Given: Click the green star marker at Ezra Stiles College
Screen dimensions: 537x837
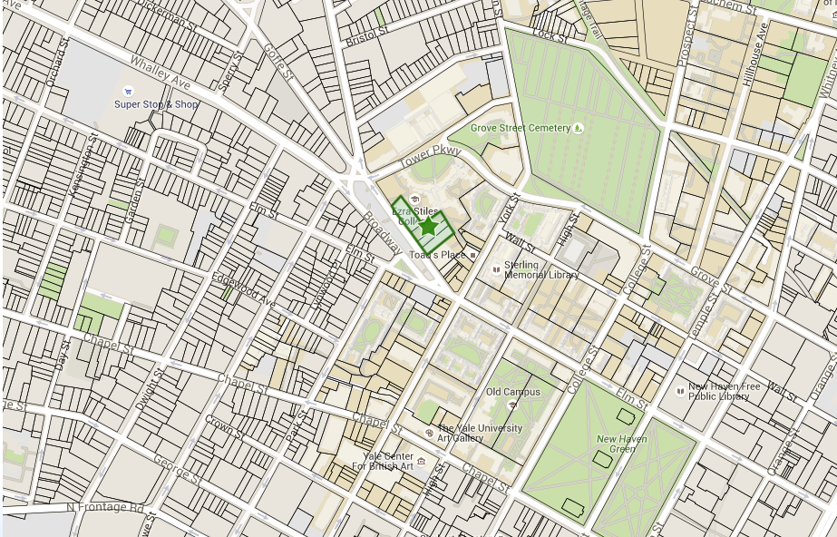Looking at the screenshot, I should [428, 228].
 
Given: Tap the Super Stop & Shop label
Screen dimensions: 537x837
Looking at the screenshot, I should [156, 104].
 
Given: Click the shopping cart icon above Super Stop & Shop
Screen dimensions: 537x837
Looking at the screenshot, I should [128, 91].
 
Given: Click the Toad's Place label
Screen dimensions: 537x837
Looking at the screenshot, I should [437, 255].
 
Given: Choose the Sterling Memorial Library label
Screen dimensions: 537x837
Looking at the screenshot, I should [541, 270].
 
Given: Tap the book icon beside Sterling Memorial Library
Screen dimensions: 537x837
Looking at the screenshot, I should [496, 269].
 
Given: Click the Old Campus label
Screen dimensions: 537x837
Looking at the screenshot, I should [513, 392].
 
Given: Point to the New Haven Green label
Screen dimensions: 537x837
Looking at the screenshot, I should [622, 444].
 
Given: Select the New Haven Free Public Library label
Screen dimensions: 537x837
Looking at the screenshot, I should [723, 391].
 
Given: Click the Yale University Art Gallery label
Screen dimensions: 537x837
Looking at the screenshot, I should [480, 433].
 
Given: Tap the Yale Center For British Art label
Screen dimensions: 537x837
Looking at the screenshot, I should [383, 461].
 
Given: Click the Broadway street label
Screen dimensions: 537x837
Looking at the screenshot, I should [382, 231].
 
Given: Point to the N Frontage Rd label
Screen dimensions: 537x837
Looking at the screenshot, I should [105, 508].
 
